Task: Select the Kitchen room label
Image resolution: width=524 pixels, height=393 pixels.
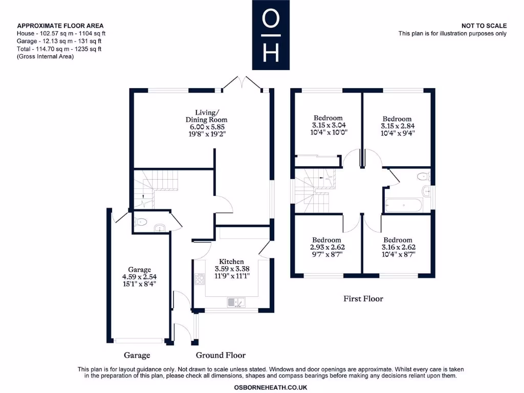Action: click(x=231, y=261)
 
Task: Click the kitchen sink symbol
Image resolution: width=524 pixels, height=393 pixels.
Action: click(x=236, y=302)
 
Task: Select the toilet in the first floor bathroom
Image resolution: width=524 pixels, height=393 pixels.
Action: click(x=422, y=177)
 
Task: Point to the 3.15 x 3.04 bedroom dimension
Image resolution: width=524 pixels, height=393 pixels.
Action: click(x=328, y=125)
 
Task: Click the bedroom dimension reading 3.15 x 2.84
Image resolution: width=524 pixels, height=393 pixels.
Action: click(x=397, y=126)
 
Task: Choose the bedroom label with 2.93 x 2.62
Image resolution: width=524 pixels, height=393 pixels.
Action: click(x=327, y=247)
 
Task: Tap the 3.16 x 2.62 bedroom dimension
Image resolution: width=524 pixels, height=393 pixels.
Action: click(x=398, y=247)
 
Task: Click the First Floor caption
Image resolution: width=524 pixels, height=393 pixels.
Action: click(x=363, y=298)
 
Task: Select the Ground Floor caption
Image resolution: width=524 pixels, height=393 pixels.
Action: click(x=221, y=355)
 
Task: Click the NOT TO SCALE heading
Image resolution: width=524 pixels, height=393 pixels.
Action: click(x=484, y=26)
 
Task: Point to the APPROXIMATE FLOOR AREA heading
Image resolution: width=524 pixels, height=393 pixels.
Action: click(x=60, y=26)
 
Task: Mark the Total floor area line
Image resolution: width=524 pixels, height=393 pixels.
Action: click(x=59, y=49)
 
